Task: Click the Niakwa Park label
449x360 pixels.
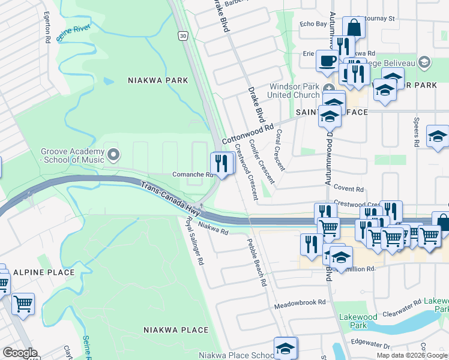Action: click(x=158, y=80)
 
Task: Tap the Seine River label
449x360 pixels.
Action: click(x=72, y=32)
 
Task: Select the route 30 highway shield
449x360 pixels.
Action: click(x=182, y=36)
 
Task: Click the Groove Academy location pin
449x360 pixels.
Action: click(x=113, y=156)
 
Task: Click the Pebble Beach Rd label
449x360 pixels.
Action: click(x=256, y=262)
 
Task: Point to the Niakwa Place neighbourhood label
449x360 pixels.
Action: click(x=176, y=330)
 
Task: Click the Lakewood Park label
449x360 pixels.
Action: click(x=363, y=321)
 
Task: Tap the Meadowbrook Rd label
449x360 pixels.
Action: click(x=300, y=303)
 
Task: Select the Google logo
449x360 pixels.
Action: click(x=20, y=353)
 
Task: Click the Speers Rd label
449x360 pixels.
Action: click(x=415, y=133)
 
